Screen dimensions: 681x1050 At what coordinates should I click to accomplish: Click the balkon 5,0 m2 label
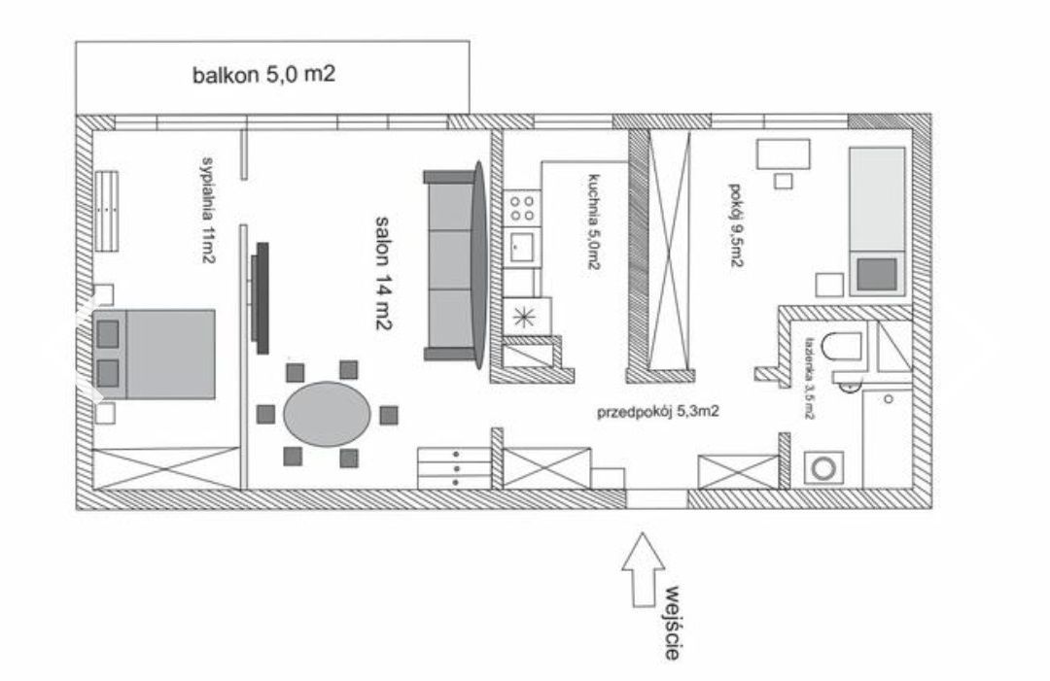(x=263, y=75)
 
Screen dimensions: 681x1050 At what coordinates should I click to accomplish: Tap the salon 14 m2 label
(x=381, y=275)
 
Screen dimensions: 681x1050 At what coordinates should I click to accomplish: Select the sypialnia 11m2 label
(x=207, y=209)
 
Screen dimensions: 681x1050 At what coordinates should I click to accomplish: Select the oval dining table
(x=327, y=415)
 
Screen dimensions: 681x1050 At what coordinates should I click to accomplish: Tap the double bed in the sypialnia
(x=156, y=355)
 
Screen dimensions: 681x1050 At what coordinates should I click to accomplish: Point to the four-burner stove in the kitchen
(x=520, y=207)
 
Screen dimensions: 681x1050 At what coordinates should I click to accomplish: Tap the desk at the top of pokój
(x=784, y=153)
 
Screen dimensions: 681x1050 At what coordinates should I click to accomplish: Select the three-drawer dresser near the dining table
(x=453, y=468)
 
